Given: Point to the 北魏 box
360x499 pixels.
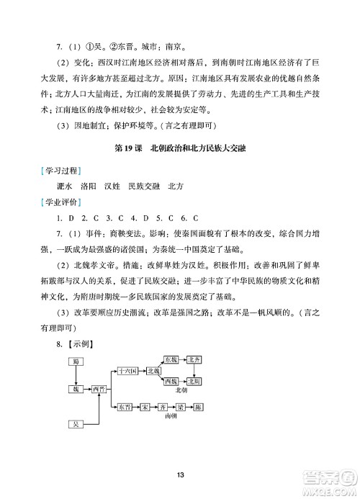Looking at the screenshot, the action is click(153, 372).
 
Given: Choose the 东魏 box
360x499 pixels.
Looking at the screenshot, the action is click(171, 359).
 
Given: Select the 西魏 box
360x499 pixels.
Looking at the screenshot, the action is click(171, 381).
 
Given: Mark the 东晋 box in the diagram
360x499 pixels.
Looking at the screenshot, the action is click(125, 406).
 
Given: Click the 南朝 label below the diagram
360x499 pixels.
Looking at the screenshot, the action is click(170, 416).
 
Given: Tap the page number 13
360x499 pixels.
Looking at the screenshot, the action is click(180, 473).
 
